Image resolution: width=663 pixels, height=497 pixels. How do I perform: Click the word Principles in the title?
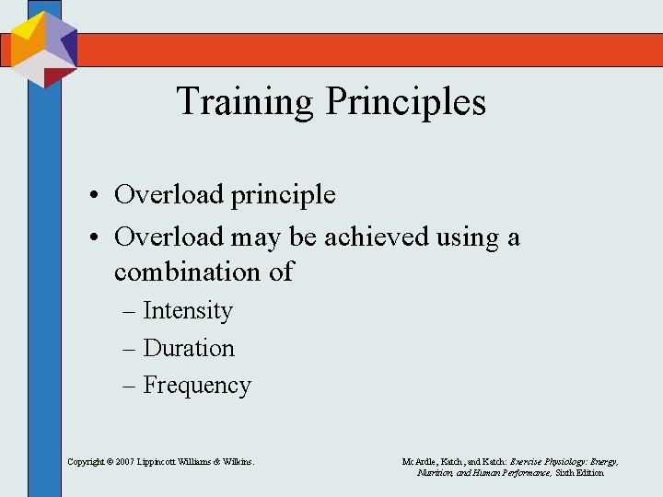[405, 100]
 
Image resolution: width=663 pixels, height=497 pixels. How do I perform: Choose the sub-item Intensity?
[188, 311]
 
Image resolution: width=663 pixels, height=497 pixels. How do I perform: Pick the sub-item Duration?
[189, 348]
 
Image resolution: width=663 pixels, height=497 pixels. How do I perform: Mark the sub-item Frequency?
[197, 385]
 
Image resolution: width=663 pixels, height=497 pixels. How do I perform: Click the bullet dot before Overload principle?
[95, 196]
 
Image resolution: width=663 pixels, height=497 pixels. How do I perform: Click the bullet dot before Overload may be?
[95, 238]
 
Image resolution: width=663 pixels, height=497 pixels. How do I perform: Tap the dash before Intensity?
[130, 311]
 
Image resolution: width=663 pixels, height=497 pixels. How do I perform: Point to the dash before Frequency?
[130, 385]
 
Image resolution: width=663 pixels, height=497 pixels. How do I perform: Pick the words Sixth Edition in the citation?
[579, 472]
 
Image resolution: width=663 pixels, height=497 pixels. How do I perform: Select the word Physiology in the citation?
[557, 461]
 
